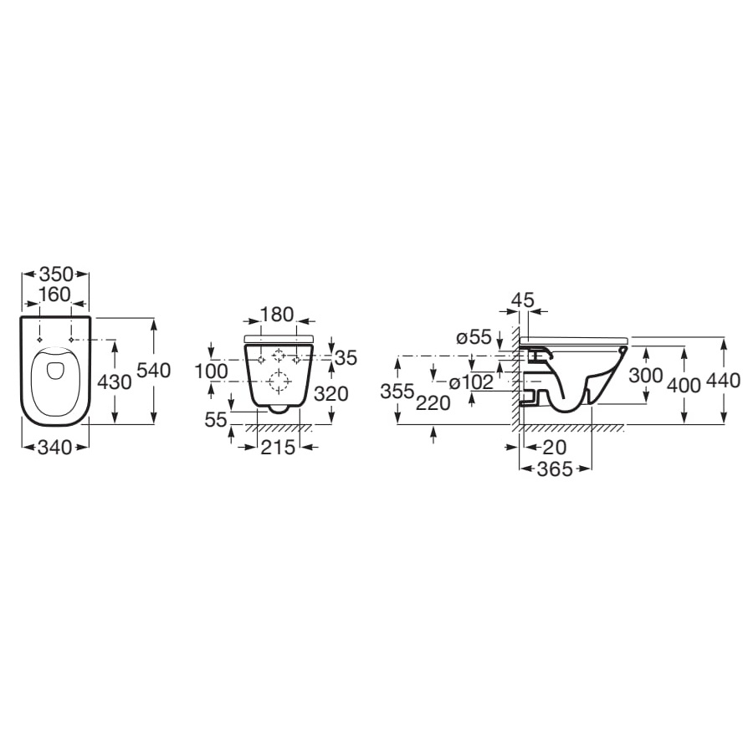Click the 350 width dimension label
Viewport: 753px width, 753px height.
pos(56,274)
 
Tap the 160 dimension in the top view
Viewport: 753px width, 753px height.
pos(55,295)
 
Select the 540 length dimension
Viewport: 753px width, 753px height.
pos(154,371)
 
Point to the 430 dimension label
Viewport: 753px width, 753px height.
pos(115,382)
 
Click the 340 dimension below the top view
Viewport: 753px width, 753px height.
pos(55,448)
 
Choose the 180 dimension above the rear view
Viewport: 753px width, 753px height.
pos(277,315)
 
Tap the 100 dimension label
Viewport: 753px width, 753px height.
pos(212,371)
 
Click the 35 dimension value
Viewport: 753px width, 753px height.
pos(346,358)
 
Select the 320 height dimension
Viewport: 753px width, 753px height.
pos(330,394)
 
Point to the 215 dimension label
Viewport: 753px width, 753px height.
pos(278,448)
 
